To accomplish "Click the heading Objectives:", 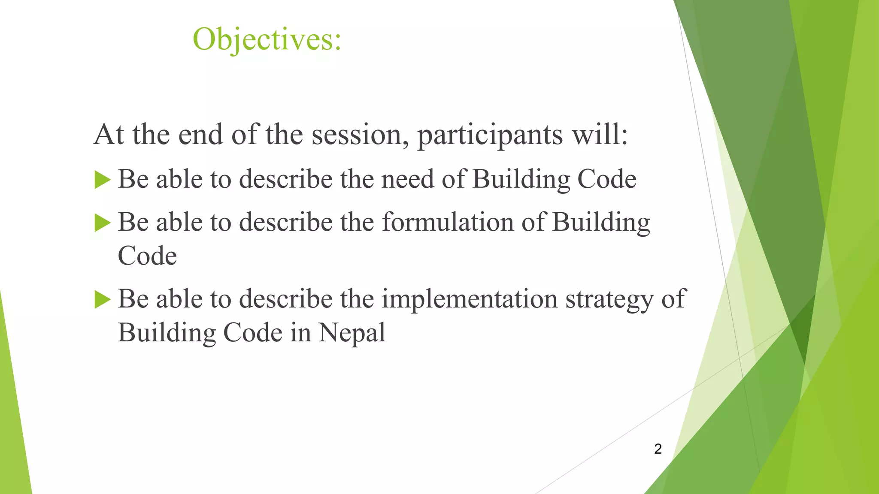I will (x=267, y=39).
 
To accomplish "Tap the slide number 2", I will (x=658, y=449).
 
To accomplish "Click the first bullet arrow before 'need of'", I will (x=102, y=180).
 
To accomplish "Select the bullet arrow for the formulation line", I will (x=102, y=223).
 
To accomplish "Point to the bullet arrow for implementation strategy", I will (x=102, y=299).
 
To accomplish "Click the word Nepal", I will (x=352, y=333).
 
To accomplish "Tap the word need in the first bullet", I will (x=407, y=179).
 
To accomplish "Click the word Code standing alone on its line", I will (x=147, y=256).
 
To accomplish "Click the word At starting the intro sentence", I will (x=109, y=135).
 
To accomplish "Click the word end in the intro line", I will (x=200, y=135).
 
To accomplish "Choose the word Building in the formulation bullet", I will (x=601, y=223).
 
